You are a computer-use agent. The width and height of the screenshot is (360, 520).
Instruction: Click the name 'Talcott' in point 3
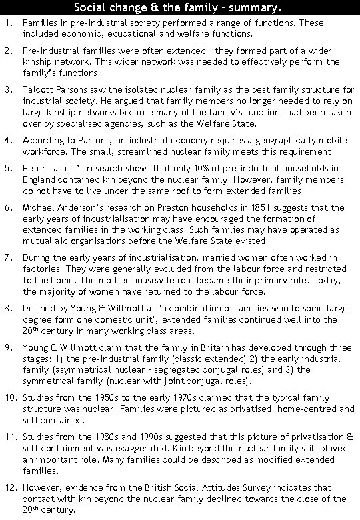coord(37,89)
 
